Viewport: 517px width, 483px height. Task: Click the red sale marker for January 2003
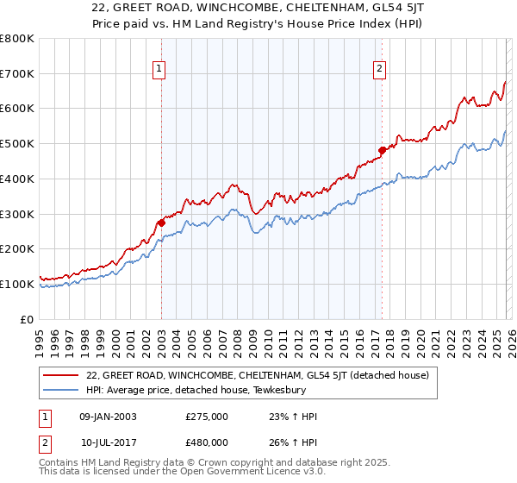[161, 223]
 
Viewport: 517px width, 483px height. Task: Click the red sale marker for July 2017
[382, 150]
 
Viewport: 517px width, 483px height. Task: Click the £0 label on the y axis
[28, 319]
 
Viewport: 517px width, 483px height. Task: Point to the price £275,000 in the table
[207, 417]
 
